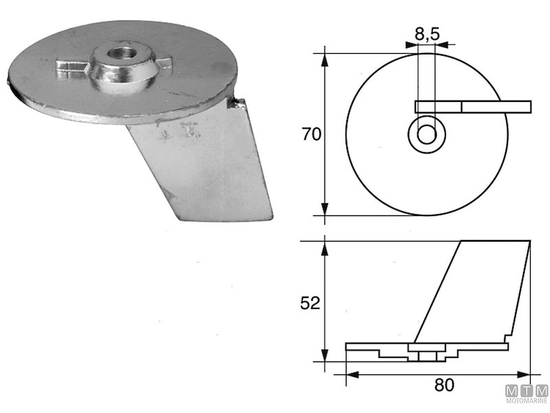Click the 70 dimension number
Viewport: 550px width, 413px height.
pyautogui.click(x=312, y=134)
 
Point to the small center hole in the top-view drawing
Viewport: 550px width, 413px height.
pyautogui.click(x=426, y=134)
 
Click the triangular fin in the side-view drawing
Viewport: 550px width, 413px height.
pyautogui.click(x=474, y=289)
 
